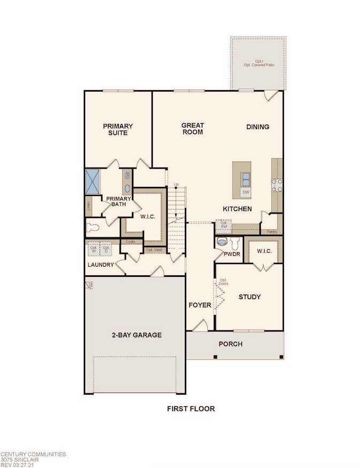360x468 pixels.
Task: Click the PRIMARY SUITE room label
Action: (x=118, y=129)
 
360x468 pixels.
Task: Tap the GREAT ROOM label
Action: (x=193, y=129)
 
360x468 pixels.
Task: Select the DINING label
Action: (x=258, y=127)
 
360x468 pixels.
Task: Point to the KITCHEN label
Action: (x=237, y=209)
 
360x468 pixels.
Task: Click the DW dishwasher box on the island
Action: (x=246, y=192)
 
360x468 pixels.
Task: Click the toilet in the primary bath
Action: (x=94, y=227)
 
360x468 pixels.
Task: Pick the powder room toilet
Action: (x=221, y=242)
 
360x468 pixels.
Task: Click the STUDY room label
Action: (x=249, y=297)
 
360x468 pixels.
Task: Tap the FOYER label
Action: (x=200, y=306)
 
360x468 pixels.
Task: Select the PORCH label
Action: (x=231, y=344)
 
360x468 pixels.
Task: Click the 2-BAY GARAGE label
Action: (x=136, y=335)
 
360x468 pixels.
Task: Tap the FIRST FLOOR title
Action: (x=190, y=409)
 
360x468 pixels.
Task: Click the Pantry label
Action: (x=272, y=231)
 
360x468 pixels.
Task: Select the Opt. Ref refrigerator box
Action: (x=221, y=224)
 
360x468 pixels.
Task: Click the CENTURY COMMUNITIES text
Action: (x=33, y=454)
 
